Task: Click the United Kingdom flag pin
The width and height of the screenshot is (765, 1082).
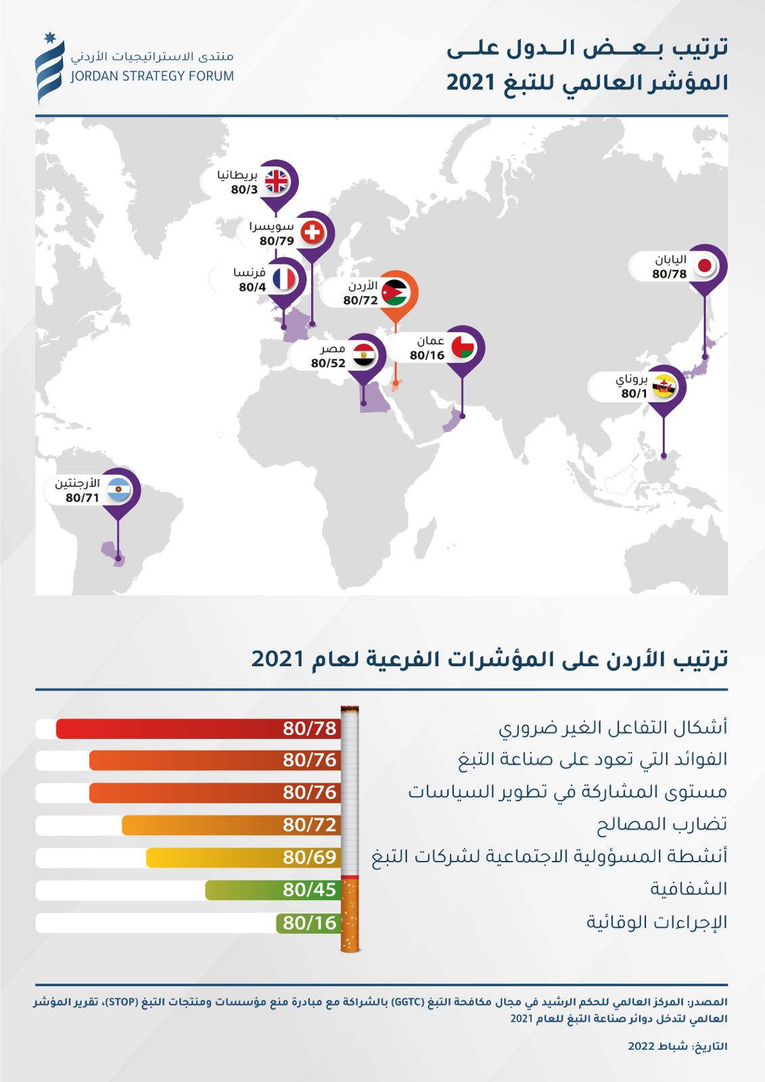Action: [277, 181]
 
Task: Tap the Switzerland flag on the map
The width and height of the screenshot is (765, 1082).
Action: [312, 233]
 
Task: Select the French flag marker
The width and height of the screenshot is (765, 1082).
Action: [284, 279]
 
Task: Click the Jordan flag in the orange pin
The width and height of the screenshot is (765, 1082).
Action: [395, 292]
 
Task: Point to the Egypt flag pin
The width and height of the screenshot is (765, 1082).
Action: [364, 355]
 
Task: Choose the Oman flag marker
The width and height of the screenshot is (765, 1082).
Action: [463, 348]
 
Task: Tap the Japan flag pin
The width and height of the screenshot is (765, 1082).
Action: [705, 266]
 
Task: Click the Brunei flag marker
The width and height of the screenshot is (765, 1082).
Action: [664, 387]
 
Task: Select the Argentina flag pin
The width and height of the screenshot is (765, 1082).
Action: [118, 489]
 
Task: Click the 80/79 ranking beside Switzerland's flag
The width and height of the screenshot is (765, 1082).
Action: [277, 241]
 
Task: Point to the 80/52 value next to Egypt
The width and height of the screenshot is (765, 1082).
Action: [329, 363]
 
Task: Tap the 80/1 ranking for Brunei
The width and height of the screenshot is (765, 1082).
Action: [634, 394]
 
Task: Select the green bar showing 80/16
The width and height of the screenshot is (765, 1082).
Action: [308, 923]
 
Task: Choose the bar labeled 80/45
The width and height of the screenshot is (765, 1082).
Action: [272, 890]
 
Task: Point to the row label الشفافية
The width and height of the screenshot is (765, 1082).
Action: [689, 889]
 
